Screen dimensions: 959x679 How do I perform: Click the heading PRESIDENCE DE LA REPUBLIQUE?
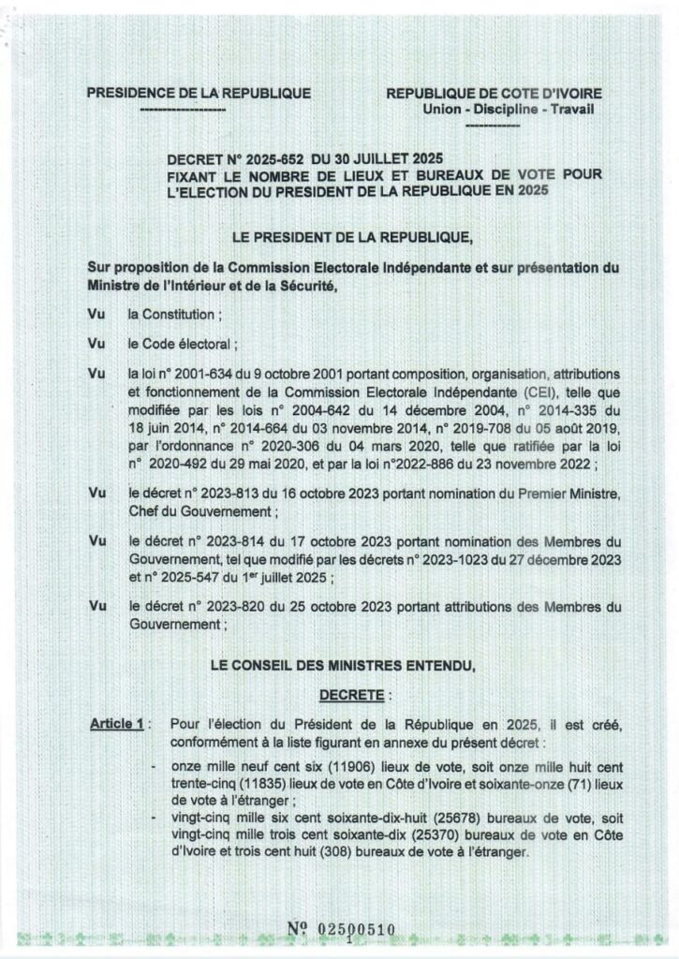pyautogui.click(x=199, y=94)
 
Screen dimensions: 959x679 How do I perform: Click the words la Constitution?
pyautogui.click(x=174, y=316)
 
